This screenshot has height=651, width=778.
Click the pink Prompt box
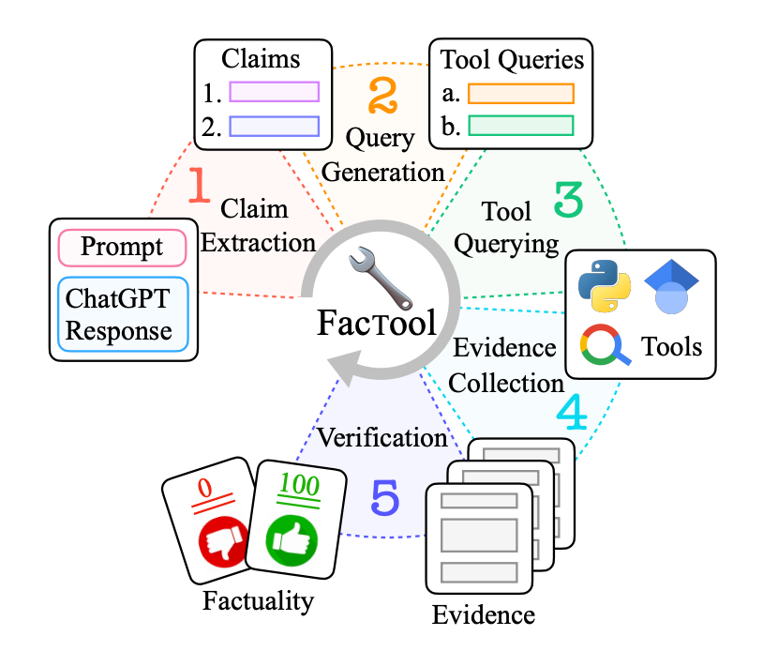122,248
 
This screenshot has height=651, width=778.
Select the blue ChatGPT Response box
122,313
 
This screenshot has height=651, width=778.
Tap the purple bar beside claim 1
274,92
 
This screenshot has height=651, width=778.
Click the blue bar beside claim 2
274,126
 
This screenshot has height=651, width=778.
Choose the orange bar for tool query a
520,93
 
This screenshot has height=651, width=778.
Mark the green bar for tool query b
520,126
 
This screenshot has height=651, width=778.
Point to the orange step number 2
382,96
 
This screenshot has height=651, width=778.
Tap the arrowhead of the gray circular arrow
337,368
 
